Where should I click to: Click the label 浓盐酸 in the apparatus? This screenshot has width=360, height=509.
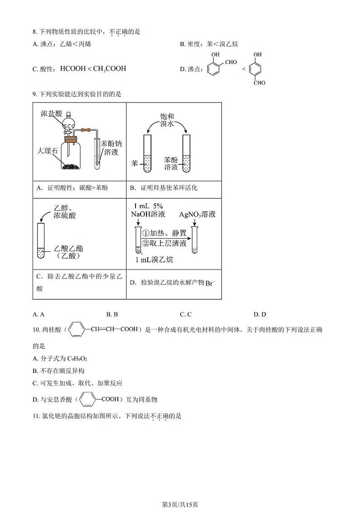click(x=50, y=113)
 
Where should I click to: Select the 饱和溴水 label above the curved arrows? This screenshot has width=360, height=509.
click(x=167, y=120)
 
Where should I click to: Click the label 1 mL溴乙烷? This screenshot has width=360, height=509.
click(x=154, y=259)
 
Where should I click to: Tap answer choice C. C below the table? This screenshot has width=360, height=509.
click(x=185, y=314)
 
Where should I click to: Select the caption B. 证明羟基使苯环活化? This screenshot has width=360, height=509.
click(x=163, y=188)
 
